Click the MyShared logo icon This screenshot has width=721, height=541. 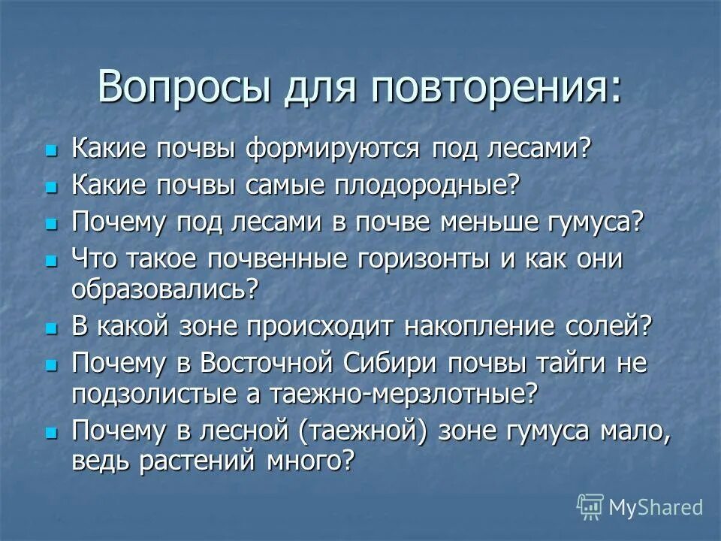[x=590, y=506]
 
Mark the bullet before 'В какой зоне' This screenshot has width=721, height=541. [x=51, y=328]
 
